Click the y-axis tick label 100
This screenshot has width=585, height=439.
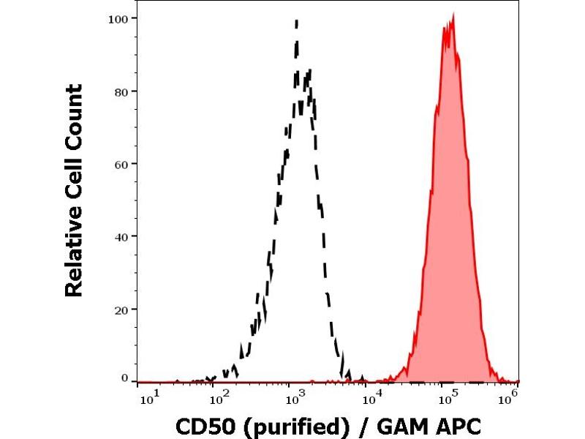(x=120, y=18)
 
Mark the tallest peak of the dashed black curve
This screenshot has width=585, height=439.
(x=297, y=21)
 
